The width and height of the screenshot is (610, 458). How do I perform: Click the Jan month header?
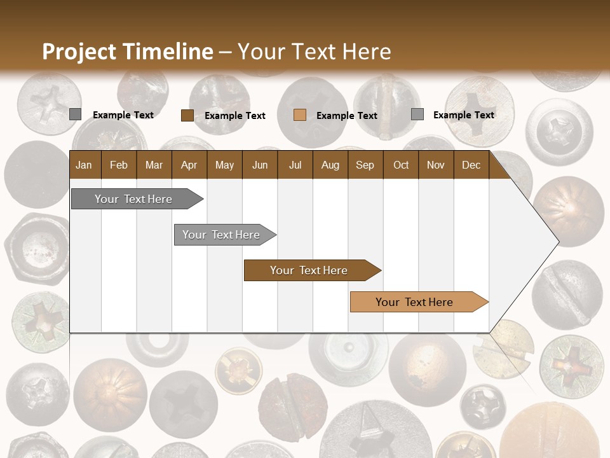click(x=84, y=165)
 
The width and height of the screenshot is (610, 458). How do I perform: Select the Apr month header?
click(x=189, y=165)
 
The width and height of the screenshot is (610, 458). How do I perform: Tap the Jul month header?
click(x=295, y=165)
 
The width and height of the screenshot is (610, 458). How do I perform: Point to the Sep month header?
click(x=365, y=165)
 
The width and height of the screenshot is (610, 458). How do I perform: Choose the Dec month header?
click(x=471, y=165)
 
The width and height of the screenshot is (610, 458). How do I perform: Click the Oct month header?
click(x=401, y=165)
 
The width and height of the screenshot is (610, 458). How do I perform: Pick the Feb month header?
click(x=119, y=165)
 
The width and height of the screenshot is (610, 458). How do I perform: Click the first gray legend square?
click(x=75, y=114)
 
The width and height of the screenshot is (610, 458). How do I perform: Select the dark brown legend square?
click(x=187, y=115)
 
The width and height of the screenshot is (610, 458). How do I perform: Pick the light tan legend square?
click(x=300, y=115)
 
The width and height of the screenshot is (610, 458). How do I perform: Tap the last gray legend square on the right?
click(x=417, y=114)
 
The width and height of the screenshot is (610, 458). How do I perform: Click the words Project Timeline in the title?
click(x=127, y=52)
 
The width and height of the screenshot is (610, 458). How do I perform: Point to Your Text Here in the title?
click(x=314, y=52)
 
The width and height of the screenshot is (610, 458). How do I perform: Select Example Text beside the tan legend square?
click(x=346, y=116)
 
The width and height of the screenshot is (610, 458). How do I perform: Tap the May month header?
click(x=224, y=165)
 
